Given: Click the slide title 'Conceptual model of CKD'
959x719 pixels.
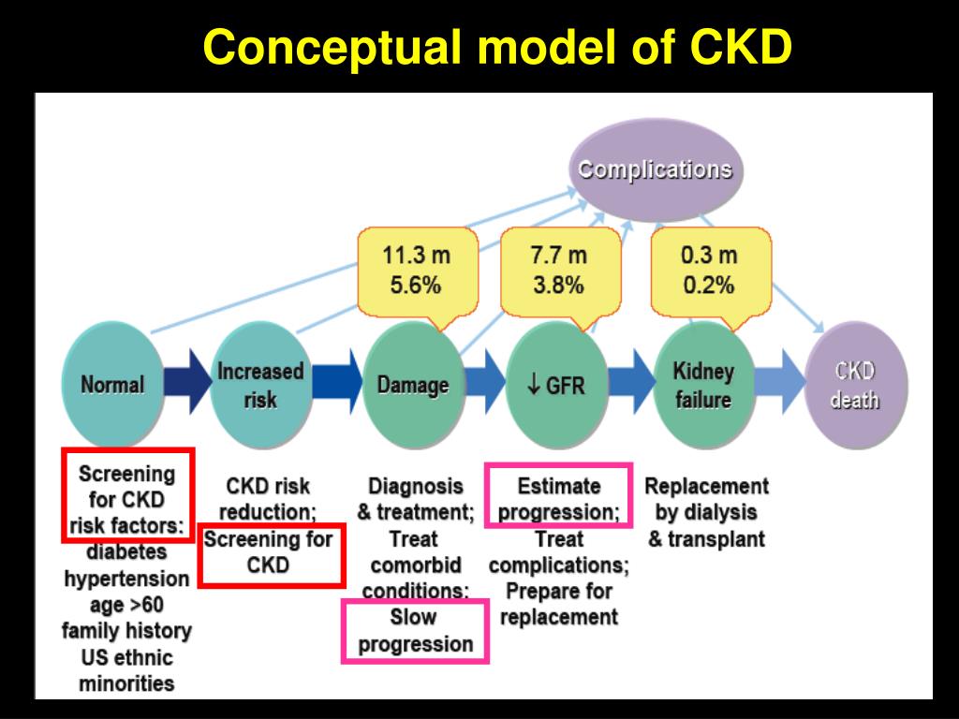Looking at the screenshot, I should coord(497,48).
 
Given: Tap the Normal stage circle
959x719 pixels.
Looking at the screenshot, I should coord(112,384).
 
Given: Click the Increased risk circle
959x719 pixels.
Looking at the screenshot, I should coord(259,384).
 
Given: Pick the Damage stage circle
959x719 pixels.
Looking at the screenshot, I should coord(412,384).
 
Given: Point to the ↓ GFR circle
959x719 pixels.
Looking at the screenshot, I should coord(556,384).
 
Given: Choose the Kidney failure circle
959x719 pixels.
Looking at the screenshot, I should coord(702,384).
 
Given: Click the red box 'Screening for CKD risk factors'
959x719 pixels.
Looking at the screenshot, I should coord(127,495).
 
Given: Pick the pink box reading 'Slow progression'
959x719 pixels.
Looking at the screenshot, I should coord(416,631).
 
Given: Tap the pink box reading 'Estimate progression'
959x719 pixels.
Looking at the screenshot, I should coord(558,499).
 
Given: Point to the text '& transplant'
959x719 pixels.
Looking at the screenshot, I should coord(706,539).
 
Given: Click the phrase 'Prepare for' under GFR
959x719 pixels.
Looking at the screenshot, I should coord(558,592).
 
